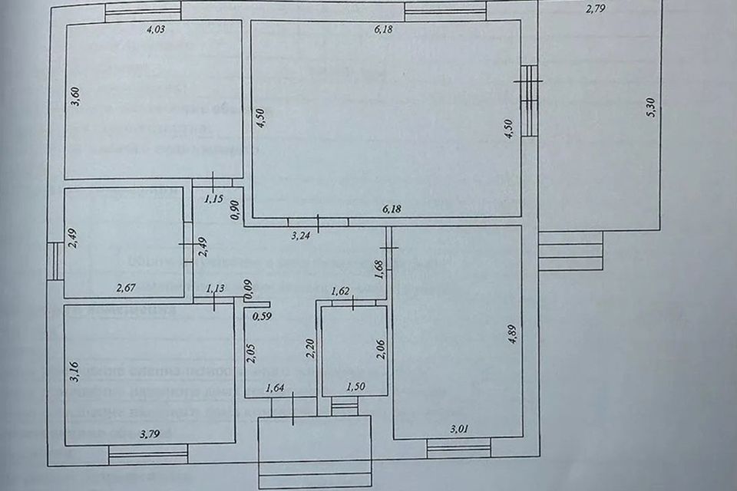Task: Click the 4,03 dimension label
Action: coord(156,31)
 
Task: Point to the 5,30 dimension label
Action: coord(652,107)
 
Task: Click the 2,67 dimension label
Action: coord(126,288)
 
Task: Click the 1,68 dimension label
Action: coord(378,270)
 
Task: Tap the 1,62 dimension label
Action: coord(340,292)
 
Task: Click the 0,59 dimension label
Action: coord(263,315)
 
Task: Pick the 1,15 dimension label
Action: coord(213,199)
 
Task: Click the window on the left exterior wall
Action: coord(55,262)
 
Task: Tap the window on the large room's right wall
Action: coord(529,101)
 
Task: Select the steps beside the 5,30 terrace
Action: coord(569,251)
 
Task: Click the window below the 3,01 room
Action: coord(458,448)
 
